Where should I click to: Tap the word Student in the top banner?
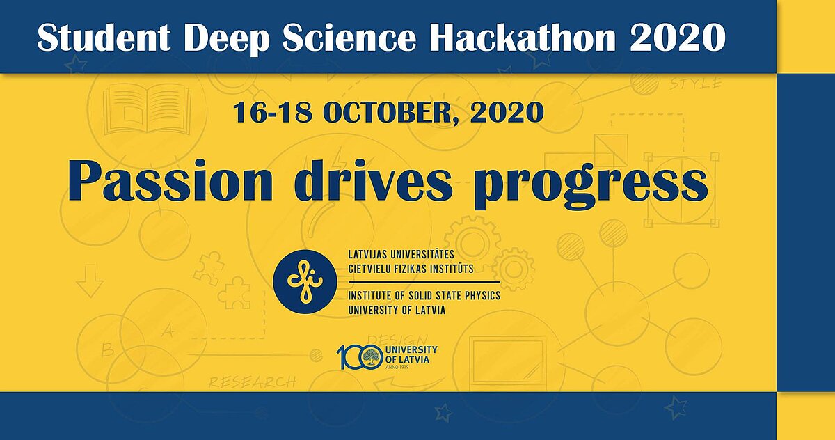tap(104, 38)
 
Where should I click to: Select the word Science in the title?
tap(349, 38)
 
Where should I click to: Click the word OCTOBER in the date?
tap(388, 113)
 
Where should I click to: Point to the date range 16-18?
tap(272, 113)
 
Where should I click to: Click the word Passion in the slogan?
tap(170, 180)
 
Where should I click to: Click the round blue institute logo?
tap(305, 281)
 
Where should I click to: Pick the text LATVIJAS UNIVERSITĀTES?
tap(401, 254)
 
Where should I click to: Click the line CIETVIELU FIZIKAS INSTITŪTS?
tap(411, 269)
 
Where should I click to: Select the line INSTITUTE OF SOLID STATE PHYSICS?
tap(424, 296)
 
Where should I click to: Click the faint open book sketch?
tap(148, 109)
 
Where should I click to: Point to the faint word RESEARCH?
tap(252, 382)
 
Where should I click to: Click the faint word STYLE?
tap(696, 83)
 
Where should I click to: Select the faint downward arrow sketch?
tap(90, 281)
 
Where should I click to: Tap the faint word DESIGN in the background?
tap(398, 339)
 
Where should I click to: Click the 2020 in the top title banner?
tap(678, 38)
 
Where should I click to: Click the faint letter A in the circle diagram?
tap(168, 331)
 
